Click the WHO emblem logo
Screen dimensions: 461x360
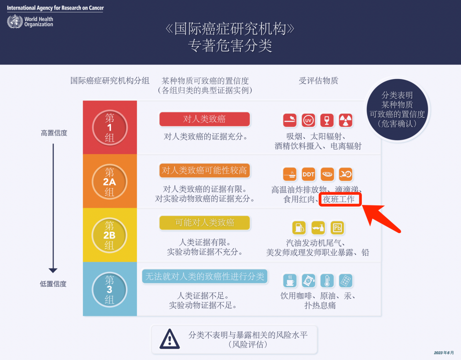pyautogui.click(x=15, y=22)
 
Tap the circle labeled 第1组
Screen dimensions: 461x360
pyautogui.click(x=110, y=128)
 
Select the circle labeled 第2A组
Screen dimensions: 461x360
pyautogui.click(x=110, y=182)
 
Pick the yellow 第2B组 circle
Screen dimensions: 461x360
pyautogui.click(x=110, y=236)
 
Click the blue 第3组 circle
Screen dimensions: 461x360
pyautogui.click(x=110, y=290)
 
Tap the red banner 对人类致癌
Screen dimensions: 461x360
pyautogui.click(x=204, y=119)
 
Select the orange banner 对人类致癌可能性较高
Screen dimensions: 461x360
pyautogui.click(x=204, y=170)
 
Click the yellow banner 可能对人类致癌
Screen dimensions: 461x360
pyautogui.click(x=204, y=223)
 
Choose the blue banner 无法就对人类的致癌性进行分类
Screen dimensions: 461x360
pyautogui.click(x=204, y=277)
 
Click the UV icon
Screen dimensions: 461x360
pyautogui.click(x=308, y=120)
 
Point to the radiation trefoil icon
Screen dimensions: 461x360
pyautogui.click(x=346, y=120)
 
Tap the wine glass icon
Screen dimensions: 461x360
pyautogui.click(x=326, y=120)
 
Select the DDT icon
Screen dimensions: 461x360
pyautogui.click(x=308, y=174)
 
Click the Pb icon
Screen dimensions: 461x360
pyautogui.click(x=337, y=228)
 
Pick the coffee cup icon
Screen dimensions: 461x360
pyautogui.click(x=290, y=281)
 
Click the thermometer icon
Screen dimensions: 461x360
pyautogui.click(x=327, y=281)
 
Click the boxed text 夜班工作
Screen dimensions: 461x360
pyautogui.click(x=340, y=200)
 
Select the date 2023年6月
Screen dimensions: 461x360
pyautogui.click(x=444, y=353)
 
